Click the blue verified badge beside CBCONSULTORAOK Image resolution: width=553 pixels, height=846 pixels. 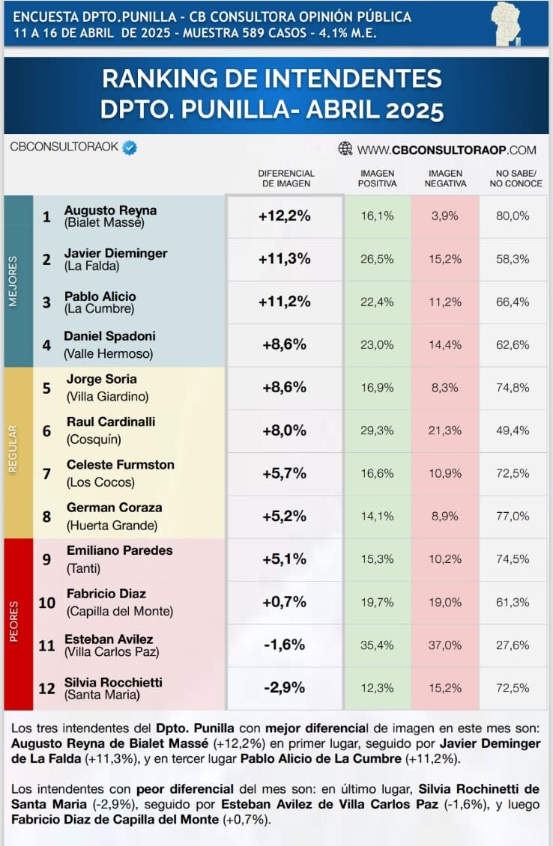[129, 147]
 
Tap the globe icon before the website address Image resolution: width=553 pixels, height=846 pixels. [345, 148]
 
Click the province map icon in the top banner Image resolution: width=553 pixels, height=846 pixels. [506, 23]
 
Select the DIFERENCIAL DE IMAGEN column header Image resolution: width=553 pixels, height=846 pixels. [286, 179]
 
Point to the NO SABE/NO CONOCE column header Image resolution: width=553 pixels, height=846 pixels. [516, 179]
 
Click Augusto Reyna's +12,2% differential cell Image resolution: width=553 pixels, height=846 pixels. [285, 216]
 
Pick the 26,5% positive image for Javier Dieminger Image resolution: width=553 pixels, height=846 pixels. [377, 259]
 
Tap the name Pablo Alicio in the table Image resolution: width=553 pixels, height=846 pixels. [100, 296]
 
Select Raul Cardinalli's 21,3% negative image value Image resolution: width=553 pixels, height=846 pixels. [445, 430]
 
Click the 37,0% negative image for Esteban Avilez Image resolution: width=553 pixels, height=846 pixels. [445, 645]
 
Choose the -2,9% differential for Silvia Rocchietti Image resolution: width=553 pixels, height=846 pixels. [285, 687]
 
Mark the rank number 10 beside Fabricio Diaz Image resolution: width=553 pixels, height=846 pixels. [47, 603]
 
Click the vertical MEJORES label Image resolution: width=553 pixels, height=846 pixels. [13, 281]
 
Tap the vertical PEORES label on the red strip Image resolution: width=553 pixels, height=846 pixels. [13, 621]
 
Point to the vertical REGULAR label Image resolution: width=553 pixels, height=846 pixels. [13, 449]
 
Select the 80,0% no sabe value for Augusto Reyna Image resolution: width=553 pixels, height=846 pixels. [513, 216]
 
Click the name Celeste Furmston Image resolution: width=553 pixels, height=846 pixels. [121, 464]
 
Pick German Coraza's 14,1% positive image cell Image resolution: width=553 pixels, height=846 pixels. [377, 517]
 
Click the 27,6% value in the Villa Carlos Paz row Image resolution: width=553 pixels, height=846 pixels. [513, 645]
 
